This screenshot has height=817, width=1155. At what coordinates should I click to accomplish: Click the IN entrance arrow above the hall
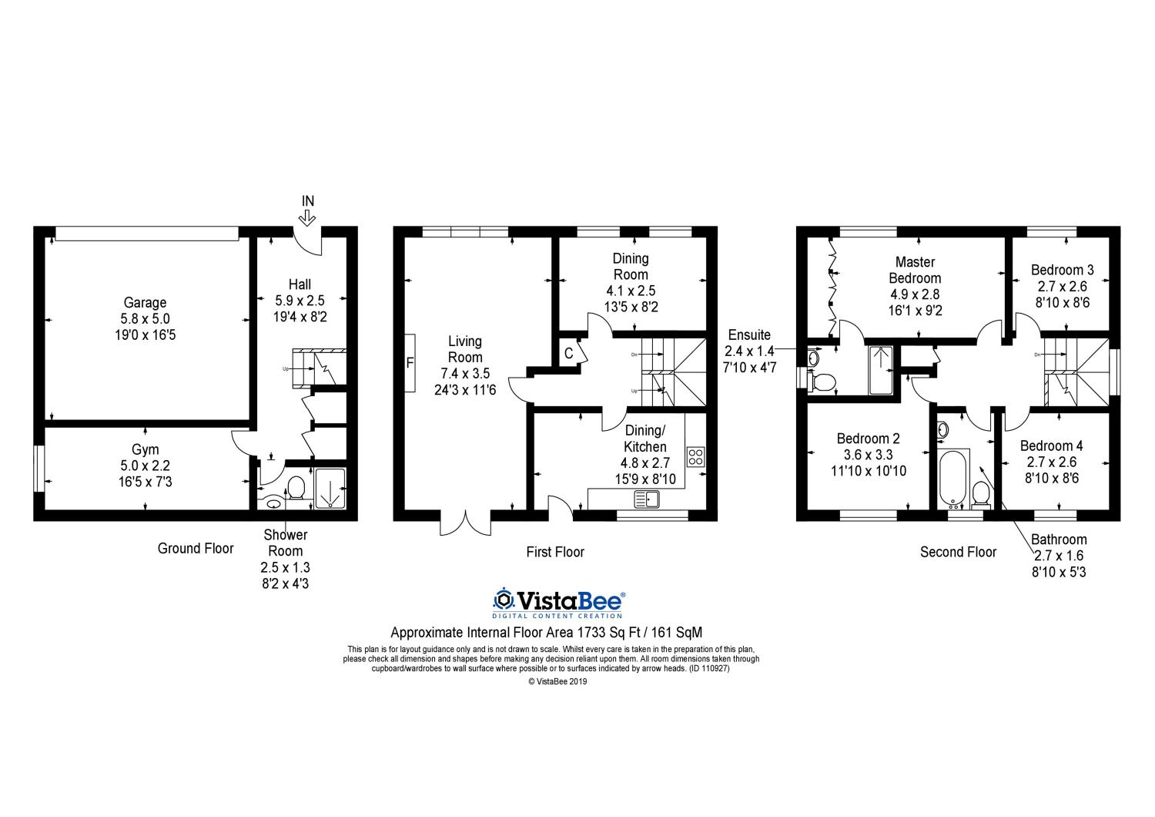point(307,219)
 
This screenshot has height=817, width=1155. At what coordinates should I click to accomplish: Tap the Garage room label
point(145,302)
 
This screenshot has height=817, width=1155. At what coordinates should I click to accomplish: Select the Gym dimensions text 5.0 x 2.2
point(145,466)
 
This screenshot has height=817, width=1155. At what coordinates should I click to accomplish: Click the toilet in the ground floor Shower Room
point(296,488)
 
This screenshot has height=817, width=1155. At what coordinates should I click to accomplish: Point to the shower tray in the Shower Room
point(330,488)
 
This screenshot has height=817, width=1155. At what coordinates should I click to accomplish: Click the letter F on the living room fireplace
point(410,363)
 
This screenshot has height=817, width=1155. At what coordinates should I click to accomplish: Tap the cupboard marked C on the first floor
point(569,354)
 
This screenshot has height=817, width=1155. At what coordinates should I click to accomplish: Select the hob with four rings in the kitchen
point(695,457)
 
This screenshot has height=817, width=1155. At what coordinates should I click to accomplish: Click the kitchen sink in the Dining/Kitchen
point(646,499)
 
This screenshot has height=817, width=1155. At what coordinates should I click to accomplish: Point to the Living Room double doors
point(466,523)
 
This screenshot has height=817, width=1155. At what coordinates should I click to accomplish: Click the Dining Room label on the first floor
point(631,267)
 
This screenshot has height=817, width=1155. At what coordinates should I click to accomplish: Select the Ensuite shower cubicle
point(881,371)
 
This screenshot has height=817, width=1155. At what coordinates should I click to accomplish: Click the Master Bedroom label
point(916,270)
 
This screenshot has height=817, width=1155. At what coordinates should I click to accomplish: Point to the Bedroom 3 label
point(1062,270)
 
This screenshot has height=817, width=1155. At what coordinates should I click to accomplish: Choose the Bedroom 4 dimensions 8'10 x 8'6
point(1052,479)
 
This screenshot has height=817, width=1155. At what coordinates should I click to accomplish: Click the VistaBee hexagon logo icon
point(504,599)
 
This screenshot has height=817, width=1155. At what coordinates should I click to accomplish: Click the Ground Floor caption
point(196,548)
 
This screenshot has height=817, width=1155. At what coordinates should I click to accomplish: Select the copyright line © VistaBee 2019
point(558,681)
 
